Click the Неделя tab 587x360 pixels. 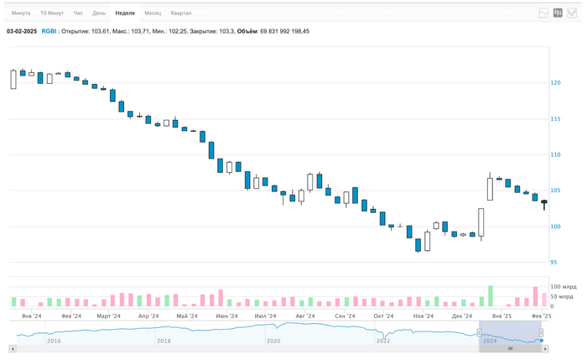[x=125, y=13]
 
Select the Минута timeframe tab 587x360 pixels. [x=21, y=13]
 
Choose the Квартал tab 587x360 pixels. [x=180, y=13]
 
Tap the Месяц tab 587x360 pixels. [x=153, y=13]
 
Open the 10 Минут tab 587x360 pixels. [x=52, y=13]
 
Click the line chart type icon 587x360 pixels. [x=543, y=13]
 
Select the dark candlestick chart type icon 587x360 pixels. [x=558, y=13]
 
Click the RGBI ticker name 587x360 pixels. [x=49, y=31]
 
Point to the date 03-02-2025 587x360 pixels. [x=22, y=31]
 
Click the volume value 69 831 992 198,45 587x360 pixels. [x=283, y=31]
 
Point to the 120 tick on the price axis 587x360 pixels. [x=555, y=82]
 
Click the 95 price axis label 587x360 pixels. [x=553, y=262]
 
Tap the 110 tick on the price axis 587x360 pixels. [x=555, y=154]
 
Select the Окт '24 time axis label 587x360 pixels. [x=384, y=316]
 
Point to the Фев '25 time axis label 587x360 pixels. [x=541, y=316]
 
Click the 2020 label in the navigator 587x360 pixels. [x=273, y=342]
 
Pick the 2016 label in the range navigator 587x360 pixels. [x=54, y=342]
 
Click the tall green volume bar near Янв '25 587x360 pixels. [x=491, y=296]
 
